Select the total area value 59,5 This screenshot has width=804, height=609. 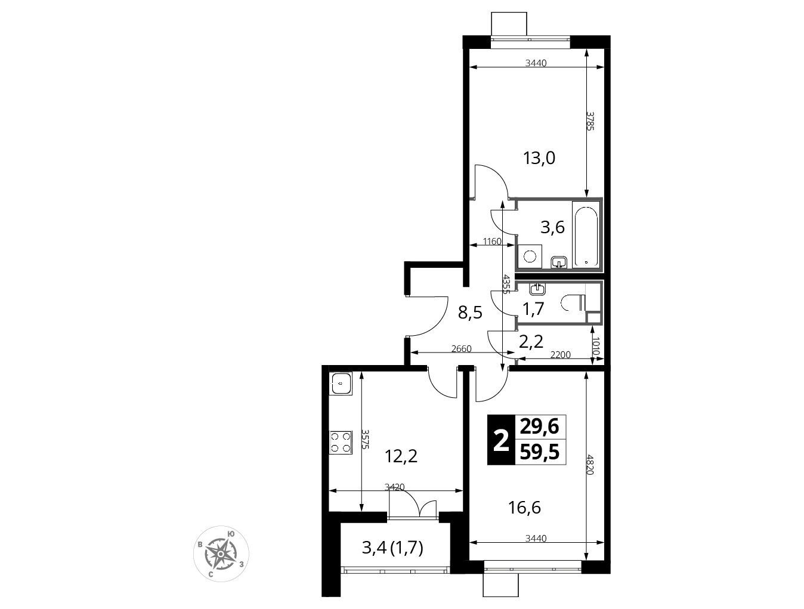(x=540, y=453)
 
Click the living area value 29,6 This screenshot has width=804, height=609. (x=540, y=427)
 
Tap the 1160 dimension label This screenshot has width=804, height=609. (x=492, y=242)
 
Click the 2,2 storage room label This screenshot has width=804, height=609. (x=531, y=342)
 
